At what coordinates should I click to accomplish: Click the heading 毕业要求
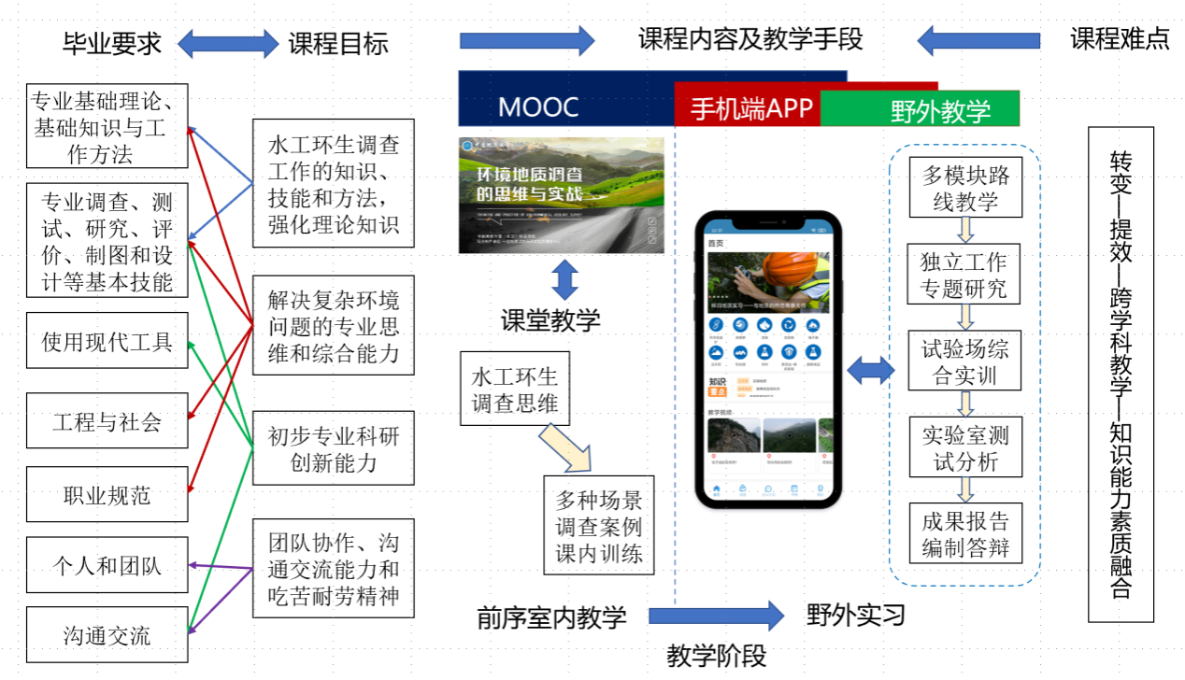112,43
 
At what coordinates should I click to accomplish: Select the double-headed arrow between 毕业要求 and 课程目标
228,43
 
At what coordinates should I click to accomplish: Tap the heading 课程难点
1120,39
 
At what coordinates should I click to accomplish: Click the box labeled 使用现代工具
107,341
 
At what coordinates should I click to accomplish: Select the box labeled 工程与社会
107,420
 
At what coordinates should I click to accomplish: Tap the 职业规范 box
107,494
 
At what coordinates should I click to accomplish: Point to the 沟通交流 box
107,636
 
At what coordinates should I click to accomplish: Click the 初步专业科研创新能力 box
333,448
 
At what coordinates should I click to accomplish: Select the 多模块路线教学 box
965,187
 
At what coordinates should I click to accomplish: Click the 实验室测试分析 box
965,447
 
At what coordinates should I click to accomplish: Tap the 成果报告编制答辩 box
965,533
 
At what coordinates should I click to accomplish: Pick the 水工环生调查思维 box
514,389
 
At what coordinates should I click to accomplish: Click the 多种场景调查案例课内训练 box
599,525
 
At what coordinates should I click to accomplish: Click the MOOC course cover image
561,195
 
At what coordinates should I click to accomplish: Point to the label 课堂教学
550,320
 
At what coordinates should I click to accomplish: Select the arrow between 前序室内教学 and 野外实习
716,616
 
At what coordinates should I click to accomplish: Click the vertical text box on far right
1121,374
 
